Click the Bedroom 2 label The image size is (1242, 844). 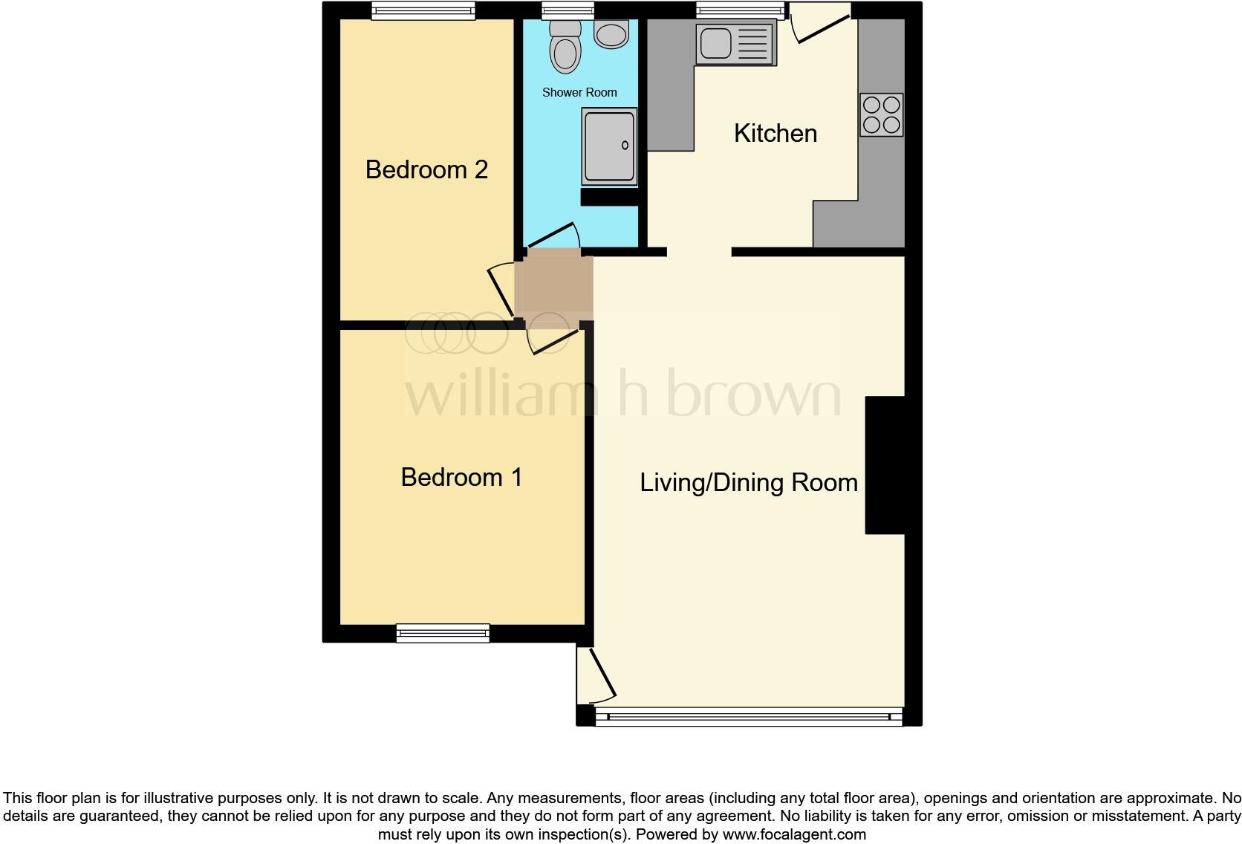[x=426, y=169]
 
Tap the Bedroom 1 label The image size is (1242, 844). [x=461, y=477]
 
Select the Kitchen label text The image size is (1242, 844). [x=775, y=134]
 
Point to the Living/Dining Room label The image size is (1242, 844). [x=748, y=483]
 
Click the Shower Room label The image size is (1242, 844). [x=579, y=93]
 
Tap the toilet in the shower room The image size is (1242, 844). [x=565, y=48]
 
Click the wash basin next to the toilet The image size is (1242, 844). [x=612, y=34]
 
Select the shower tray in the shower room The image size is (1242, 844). [x=609, y=146]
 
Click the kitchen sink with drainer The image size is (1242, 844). [x=735, y=43]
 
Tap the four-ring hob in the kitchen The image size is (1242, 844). [x=882, y=114]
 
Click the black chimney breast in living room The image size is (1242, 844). [x=885, y=465]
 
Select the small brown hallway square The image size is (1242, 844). [x=554, y=288]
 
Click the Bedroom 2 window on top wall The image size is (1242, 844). [x=423, y=10]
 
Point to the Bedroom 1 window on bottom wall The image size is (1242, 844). [x=443, y=633]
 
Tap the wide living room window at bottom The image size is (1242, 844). [x=749, y=717]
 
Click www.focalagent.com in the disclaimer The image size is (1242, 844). [x=794, y=834]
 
